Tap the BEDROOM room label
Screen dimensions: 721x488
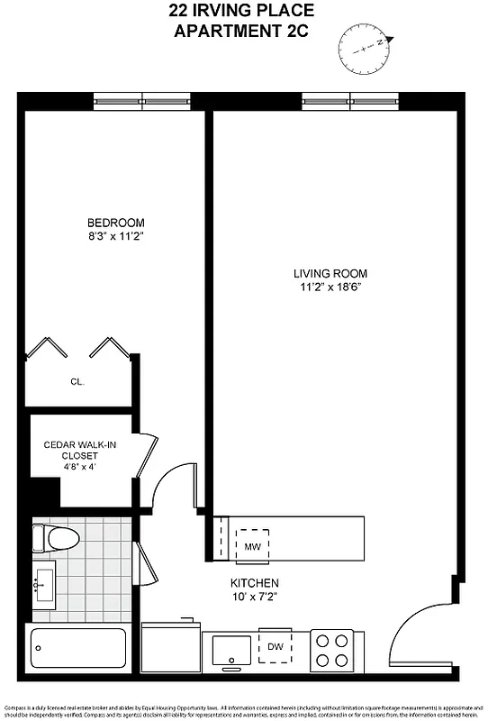(x=115, y=223)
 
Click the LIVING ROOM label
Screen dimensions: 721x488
(x=330, y=273)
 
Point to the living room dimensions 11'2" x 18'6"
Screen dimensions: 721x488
(x=330, y=287)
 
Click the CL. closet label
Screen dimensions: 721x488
(x=77, y=382)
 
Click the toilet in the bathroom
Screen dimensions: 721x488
(x=55, y=537)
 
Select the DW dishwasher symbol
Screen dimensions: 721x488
(x=276, y=646)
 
